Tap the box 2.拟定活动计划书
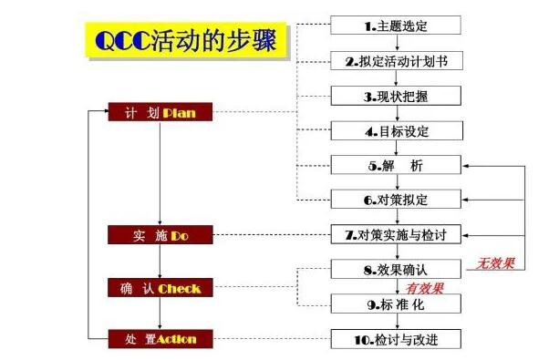395,62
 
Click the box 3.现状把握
395,96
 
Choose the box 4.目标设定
395,131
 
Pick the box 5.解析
395,166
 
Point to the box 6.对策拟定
395,200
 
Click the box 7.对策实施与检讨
395,235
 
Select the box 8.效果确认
395,270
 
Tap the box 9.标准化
395,304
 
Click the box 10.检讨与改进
395,339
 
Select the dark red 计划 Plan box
160,113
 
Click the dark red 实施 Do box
160,236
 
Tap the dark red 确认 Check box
160,289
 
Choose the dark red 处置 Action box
160,339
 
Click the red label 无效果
495,265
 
